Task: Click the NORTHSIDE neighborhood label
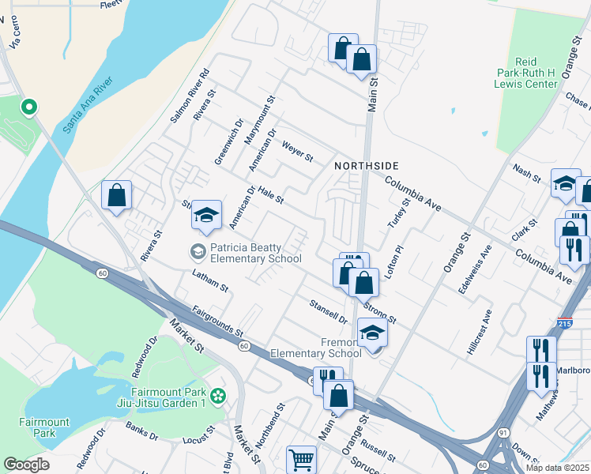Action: pos(365,165)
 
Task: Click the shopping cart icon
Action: pos(301,459)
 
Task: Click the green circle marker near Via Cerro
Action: pos(28,106)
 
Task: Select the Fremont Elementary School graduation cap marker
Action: pos(372,333)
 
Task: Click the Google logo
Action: pos(26,465)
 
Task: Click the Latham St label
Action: pos(210,280)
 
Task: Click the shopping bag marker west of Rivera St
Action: pos(117,196)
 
